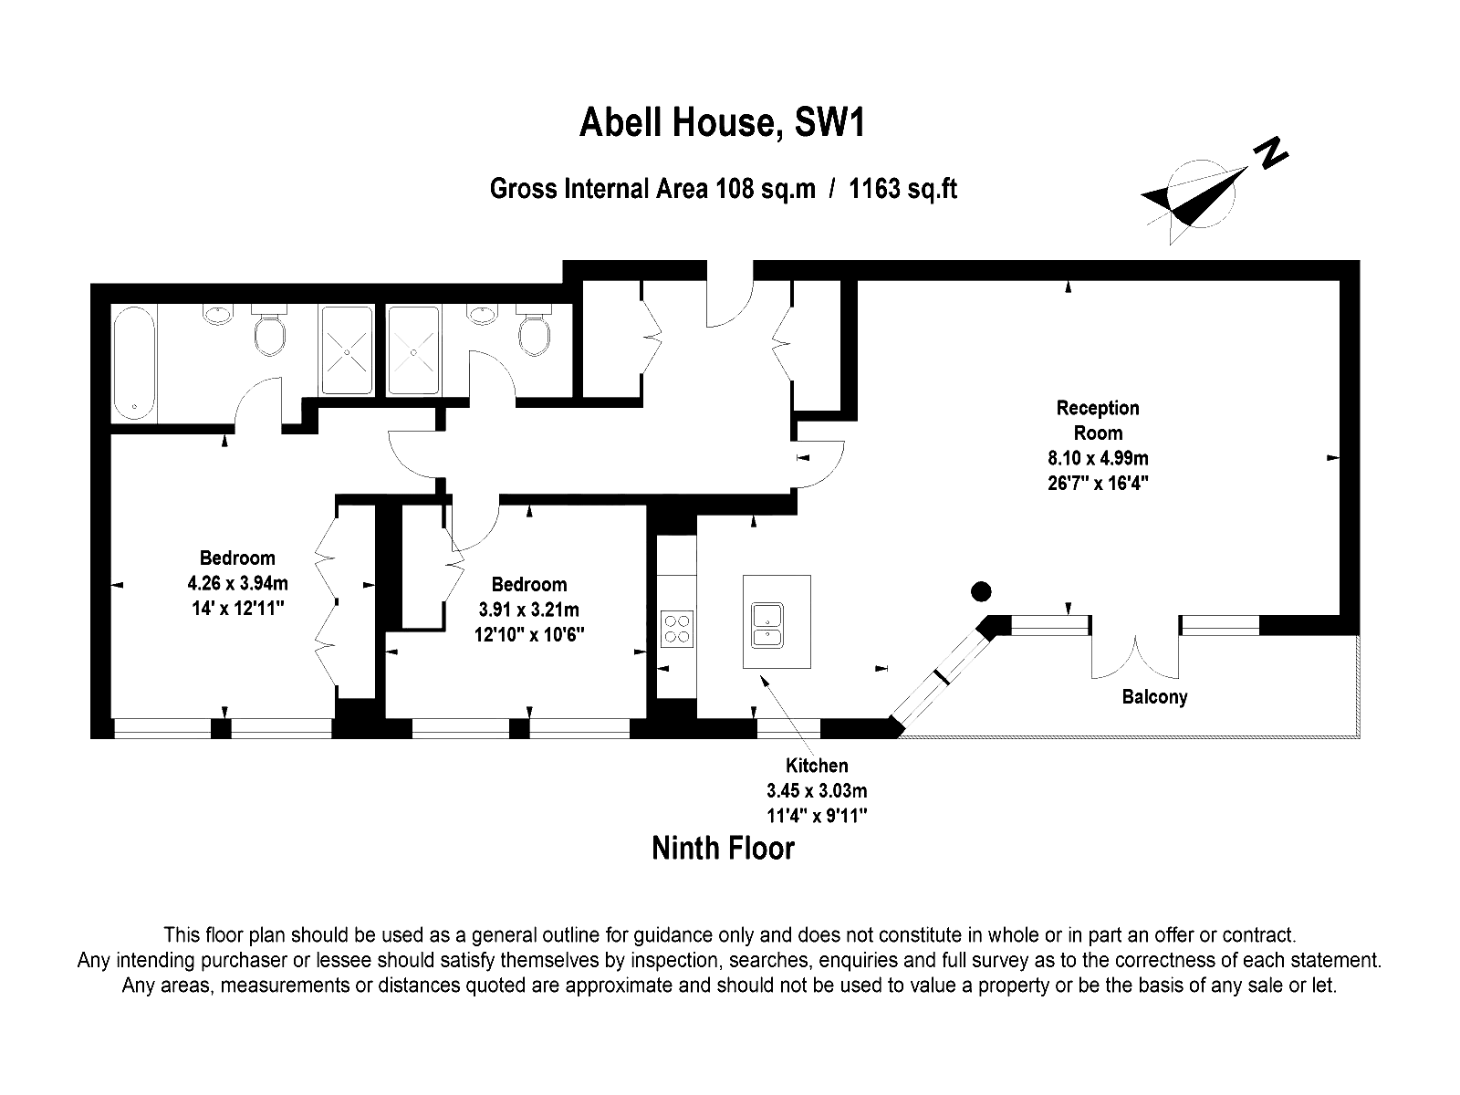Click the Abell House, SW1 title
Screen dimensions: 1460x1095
(722, 122)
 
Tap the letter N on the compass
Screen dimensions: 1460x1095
(1270, 153)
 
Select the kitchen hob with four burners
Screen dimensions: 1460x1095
(677, 629)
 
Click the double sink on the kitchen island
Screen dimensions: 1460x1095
(766, 625)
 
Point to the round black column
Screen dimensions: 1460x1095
(981, 591)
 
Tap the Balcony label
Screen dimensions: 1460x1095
(1154, 697)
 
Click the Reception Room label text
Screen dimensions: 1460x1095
(1098, 420)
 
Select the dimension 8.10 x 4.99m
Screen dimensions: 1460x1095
(1098, 458)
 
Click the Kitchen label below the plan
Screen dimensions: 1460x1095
(817, 766)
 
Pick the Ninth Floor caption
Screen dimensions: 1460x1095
(723, 849)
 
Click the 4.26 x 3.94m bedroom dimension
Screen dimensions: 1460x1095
(237, 584)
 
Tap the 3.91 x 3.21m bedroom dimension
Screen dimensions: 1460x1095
(528, 610)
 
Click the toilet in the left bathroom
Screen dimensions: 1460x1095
(269, 329)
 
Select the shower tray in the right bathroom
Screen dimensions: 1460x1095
(413, 350)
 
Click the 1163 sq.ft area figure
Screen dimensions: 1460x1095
(902, 189)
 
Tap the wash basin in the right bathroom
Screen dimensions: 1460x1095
(482, 314)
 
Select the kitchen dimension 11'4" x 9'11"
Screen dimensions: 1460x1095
(817, 815)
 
